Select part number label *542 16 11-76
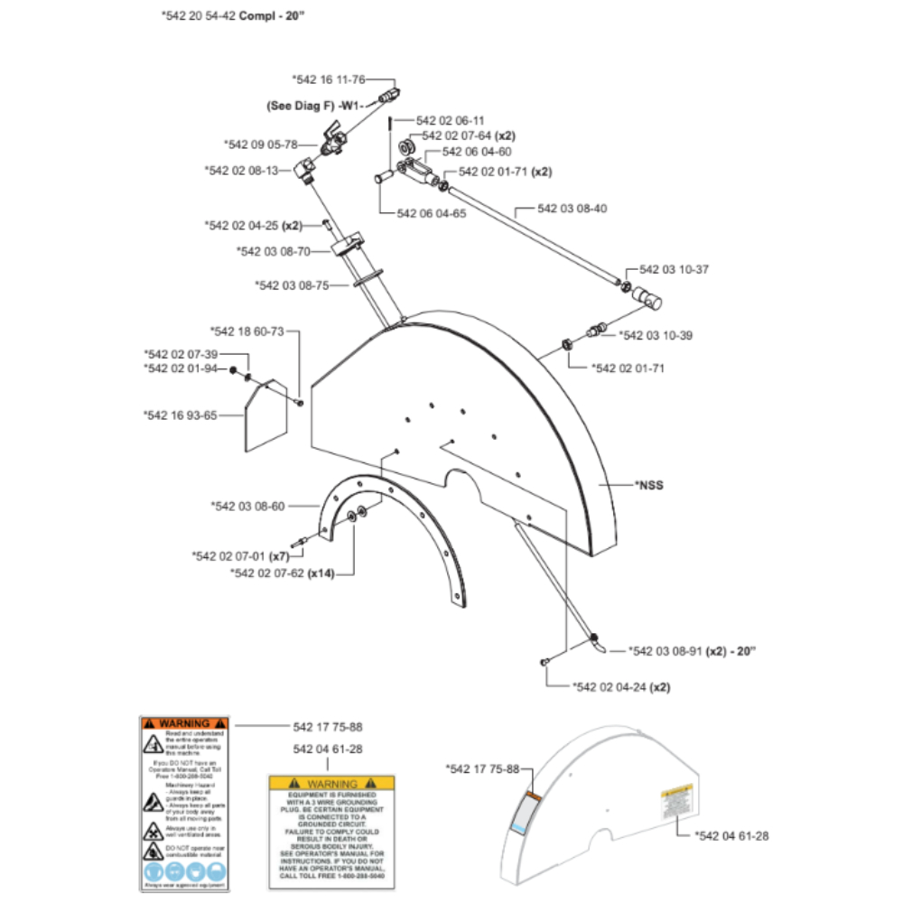[x=329, y=80]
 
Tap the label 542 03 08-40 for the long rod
[x=572, y=209]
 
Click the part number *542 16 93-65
[x=181, y=414]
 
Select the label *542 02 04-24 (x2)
[x=622, y=687]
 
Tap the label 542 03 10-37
[x=675, y=270]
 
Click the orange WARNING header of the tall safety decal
[x=186, y=724]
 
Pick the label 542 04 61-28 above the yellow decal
[x=328, y=749]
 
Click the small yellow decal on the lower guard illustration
[x=675, y=802]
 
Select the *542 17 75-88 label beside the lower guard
[x=483, y=768]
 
